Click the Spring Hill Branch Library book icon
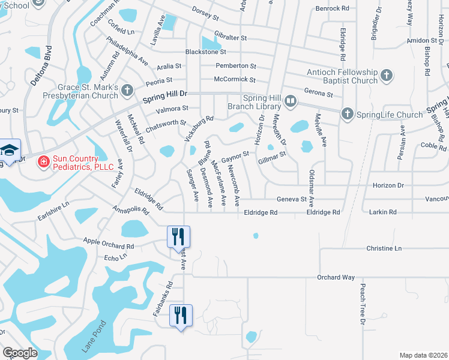pyautogui.click(x=291, y=101)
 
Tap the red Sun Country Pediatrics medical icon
pyautogui.click(x=43, y=161)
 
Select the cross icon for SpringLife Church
pyautogui.click(x=346, y=114)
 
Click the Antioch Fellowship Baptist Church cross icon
pyautogui.click(x=387, y=76)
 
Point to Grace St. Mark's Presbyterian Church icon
pyautogui.click(x=127, y=90)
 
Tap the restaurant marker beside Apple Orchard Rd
pyautogui.click(x=178, y=236)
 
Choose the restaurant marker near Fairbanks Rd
pyautogui.click(x=181, y=315)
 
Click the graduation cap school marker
pyautogui.click(x=9, y=150)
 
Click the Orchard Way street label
pyautogui.click(x=336, y=277)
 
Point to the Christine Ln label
pyautogui.click(x=384, y=248)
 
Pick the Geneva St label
pyautogui.click(x=292, y=199)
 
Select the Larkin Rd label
pyautogui.click(x=384, y=212)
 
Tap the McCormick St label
pyautogui.click(x=235, y=79)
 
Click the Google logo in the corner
pyautogui.click(x=20, y=353)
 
